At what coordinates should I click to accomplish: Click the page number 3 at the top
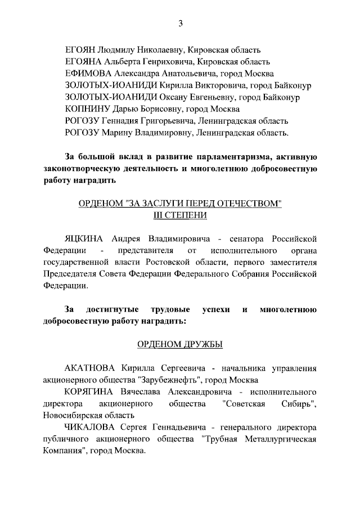point(180,23)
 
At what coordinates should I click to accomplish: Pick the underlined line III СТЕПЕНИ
point(180,215)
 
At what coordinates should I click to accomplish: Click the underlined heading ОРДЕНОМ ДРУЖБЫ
point(180,344)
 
